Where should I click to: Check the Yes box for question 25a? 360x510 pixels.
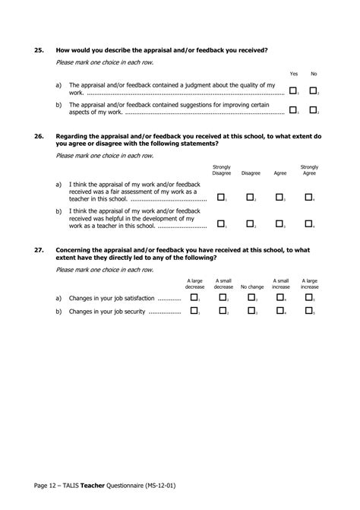293,90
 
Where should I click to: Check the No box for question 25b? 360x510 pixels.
312,110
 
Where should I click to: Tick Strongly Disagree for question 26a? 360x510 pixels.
221,197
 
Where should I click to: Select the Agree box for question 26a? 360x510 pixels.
279,197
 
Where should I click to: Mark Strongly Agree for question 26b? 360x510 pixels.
308,223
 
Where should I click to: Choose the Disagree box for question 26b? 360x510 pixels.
250,223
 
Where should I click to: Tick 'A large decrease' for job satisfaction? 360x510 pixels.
194,298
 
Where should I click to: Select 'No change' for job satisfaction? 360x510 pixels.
251,298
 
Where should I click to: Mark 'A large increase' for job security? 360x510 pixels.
309,310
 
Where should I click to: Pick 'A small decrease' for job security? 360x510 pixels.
223,310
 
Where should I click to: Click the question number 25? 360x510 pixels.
39,50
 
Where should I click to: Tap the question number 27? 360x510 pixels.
39,249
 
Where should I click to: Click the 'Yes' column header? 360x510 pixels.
294,74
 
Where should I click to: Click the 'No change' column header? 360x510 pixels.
252,287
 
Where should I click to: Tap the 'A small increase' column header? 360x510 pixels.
281,284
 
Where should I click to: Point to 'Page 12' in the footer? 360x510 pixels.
48,484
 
